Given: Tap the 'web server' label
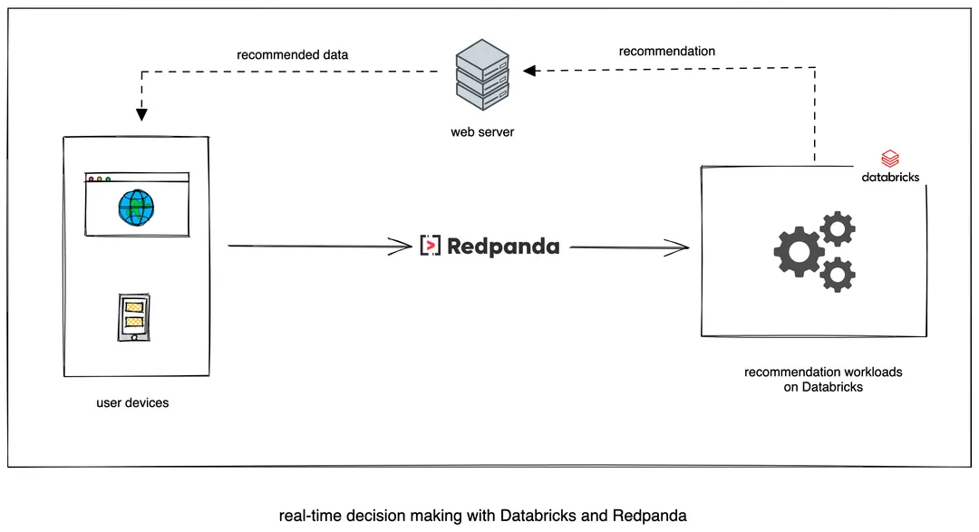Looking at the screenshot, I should [x=482, y=132].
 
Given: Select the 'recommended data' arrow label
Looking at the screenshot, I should [x=293, y=54].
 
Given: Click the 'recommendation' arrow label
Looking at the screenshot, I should [x=666, y=52].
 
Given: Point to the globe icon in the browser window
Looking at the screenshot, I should [x=136, y=208].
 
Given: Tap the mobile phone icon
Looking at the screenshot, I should [x=135, y=316].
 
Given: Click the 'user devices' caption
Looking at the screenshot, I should [x=132, y=402].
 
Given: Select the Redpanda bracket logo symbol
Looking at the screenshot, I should [x=431, y=246].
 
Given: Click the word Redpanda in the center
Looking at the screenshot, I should [x=503, y=246].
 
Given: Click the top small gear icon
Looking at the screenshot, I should [x=837, y=229].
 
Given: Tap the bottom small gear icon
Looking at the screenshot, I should [x=838, y=274].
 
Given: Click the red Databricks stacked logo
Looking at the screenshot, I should [x=889, y=160].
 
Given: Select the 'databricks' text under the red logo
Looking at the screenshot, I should [x=889, y=177].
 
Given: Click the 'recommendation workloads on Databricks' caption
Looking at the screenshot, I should [x=823, y=380].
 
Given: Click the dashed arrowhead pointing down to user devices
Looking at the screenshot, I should [x=141, y=114].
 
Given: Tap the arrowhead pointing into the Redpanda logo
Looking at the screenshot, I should [x=403, y=245].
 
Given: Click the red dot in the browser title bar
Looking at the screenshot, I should [x=92, y=179].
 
